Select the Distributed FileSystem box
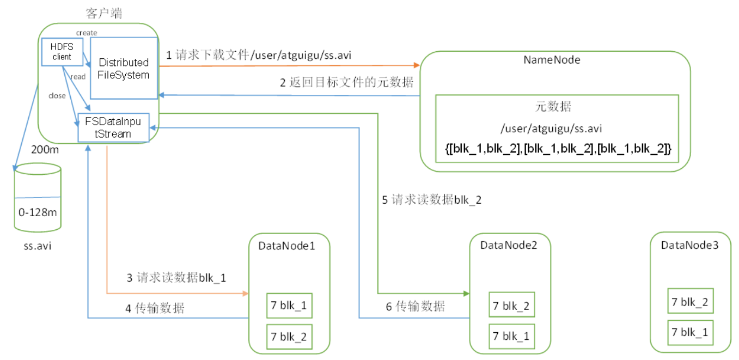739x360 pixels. point(124,69)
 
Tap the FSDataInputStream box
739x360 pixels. point(113,127)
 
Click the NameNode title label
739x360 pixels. point(552,60)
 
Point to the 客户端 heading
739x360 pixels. point(104,13)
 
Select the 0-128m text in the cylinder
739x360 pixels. point(38,212)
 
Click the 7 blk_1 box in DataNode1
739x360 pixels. point(289,306)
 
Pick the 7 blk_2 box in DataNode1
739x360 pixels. point(289,337)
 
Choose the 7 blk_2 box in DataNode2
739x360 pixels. point(510,306)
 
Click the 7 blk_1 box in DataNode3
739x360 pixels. point(689,332)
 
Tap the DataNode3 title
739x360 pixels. point(689,245)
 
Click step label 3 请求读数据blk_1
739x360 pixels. point(176,278)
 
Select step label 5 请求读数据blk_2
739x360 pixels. point(431,200)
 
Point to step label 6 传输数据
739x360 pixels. point(415,307)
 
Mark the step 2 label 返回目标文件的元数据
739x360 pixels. point(346,83)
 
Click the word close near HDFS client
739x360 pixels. point(57,96)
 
